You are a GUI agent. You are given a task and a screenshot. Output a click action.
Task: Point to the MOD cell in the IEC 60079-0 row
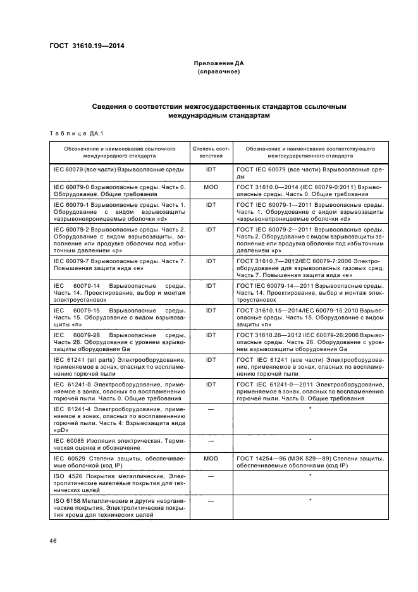(x=211, y=188)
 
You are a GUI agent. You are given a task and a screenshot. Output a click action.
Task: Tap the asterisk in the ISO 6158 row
(x=310, y=500)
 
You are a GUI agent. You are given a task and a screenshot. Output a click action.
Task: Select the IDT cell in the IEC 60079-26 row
(x=211, y=335)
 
